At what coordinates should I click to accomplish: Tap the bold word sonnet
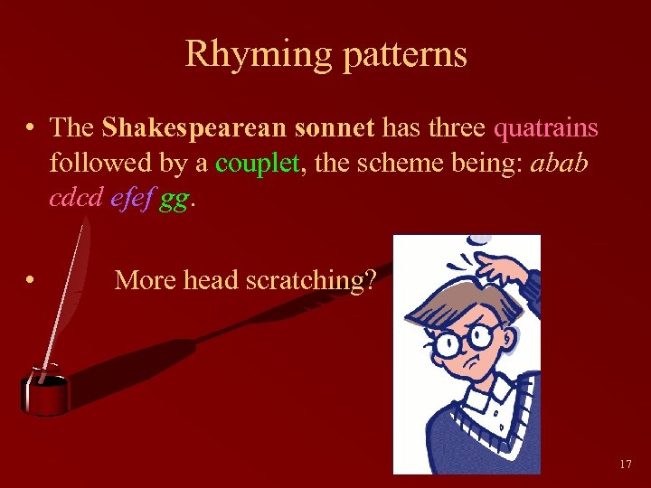[x=334, y=127]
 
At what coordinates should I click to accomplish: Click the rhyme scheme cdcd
[x=76, y=199]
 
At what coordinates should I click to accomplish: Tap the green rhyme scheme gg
[x=174, y=201]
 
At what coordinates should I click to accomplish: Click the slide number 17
[x=626, y=465]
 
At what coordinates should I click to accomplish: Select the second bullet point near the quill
[x=31, y=281]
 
